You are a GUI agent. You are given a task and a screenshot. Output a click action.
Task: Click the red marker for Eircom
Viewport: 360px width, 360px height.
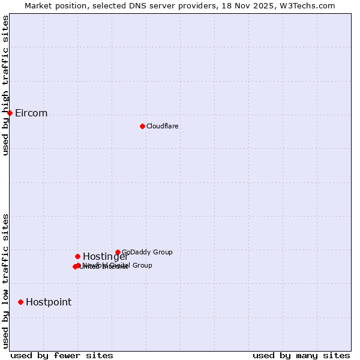pos(10,113)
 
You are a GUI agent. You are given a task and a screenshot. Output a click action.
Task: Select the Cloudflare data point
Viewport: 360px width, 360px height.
pos(142,126)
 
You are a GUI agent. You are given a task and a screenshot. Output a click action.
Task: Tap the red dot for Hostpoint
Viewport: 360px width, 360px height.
pos(20,302)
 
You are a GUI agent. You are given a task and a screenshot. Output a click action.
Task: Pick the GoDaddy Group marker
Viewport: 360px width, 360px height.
pos(118,252)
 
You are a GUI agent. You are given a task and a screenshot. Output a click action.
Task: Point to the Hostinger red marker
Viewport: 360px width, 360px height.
pos(77,256)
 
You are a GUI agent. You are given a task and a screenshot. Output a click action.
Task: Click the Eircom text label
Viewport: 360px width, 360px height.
pos(31,113)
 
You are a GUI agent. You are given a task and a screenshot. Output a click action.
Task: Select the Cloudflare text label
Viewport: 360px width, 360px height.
pos(163,126)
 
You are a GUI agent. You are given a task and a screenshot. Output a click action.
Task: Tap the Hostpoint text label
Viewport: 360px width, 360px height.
pos(49,302)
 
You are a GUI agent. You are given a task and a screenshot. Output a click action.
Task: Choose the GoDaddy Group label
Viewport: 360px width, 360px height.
pos(147,252)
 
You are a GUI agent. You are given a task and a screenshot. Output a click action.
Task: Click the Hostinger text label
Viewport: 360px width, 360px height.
pos(106,257)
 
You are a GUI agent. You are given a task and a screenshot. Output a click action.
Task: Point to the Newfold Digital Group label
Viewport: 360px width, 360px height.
pos(118,265)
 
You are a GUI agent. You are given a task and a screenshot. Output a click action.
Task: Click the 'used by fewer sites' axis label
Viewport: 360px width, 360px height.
pos(62,355)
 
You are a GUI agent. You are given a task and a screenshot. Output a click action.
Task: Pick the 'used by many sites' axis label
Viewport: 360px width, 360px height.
pos(301,355)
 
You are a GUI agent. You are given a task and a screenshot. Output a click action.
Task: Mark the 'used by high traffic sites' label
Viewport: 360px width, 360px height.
pos(6,85)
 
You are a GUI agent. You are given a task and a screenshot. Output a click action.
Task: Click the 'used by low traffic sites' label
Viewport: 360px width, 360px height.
pos(6,281)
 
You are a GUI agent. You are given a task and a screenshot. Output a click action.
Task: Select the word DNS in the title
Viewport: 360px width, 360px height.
pos(137,5)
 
